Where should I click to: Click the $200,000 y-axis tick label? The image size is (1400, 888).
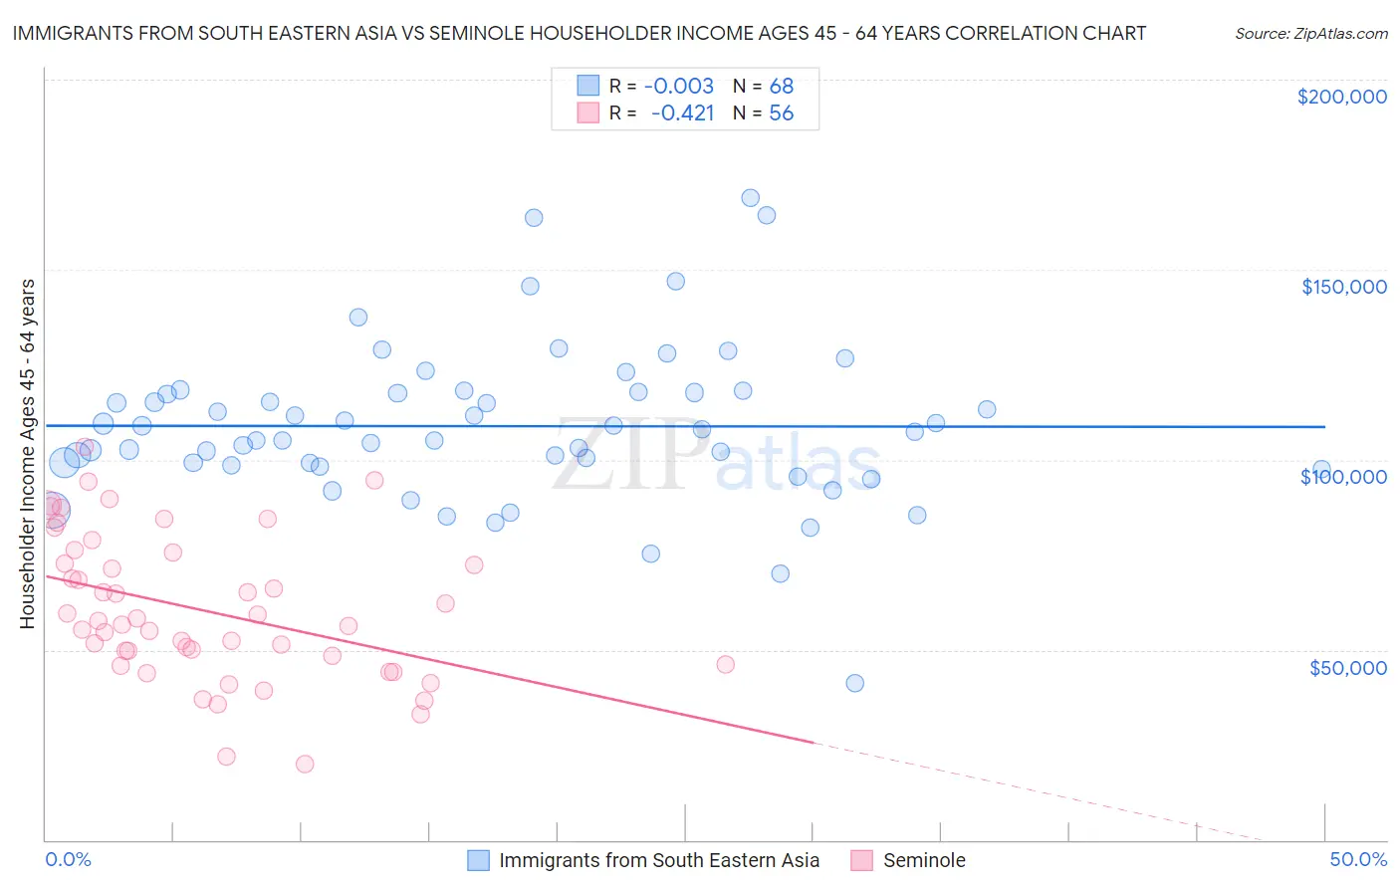(x=1341, y=97)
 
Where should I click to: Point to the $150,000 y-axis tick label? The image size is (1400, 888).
(x=1343, y=287)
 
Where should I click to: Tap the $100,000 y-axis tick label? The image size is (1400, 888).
(x=1343, y=477)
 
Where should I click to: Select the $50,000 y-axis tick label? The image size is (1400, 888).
(x=1347, y=667)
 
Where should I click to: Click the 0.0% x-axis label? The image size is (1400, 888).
(x=68, y=859)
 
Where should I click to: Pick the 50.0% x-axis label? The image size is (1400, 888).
(x=1358, y=859)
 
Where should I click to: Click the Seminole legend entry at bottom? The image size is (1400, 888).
(x=923, y=860)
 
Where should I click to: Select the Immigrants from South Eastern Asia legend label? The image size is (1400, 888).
(x=658, y=860)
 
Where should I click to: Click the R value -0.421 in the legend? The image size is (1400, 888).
(x=682, y=113)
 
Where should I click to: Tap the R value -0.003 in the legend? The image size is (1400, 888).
(x=678, y=87)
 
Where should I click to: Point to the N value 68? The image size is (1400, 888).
(x=781, y=87)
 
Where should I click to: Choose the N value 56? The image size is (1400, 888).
(x=781, y=113)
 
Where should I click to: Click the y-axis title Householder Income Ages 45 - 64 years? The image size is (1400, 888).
(x=27, y=454)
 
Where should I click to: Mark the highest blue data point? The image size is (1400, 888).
(x=751, y=198)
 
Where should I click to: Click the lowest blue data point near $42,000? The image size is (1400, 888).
(x=854, y=683)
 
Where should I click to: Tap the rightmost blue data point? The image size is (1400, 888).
(x=1321, y=469)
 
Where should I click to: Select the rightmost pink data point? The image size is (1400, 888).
(x=725, y=664)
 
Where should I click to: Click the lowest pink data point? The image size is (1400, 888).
(x=305, y=764)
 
